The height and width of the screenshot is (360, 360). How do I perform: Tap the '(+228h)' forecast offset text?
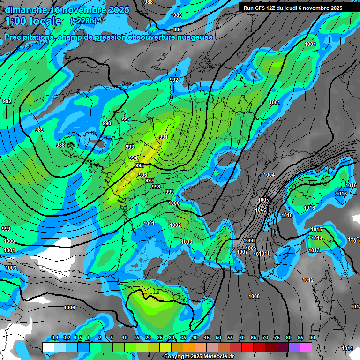83,21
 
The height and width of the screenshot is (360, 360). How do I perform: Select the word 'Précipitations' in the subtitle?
29,37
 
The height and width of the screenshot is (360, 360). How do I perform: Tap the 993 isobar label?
130,147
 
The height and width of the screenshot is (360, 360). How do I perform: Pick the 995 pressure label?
140,165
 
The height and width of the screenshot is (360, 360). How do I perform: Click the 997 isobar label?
150,180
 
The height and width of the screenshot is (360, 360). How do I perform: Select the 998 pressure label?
156,187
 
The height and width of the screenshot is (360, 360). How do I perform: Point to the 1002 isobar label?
175,225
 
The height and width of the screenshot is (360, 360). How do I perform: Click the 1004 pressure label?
269,175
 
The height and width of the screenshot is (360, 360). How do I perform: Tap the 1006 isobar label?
69,307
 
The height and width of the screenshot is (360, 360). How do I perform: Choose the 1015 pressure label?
316,229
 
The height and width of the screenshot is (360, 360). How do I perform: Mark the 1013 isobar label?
314,250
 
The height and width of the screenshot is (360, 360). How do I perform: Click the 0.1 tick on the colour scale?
54,338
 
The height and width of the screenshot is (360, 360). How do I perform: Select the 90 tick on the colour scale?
312,338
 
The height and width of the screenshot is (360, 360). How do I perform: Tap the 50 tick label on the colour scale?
218,338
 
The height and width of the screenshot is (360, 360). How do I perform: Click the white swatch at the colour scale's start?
48,347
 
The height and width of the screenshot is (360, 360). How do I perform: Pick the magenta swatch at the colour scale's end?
306,347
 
